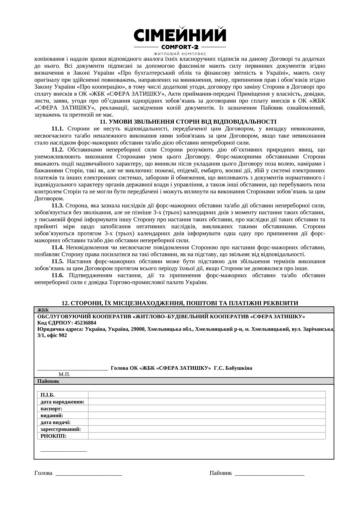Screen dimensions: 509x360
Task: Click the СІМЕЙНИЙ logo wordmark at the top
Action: (180, 35)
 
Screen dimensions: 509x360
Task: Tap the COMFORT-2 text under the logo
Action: (180, 47)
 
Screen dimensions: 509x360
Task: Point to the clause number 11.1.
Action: (57, 129)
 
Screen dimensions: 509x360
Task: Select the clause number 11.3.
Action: (57, 205)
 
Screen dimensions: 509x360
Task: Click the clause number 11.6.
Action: (57, 275)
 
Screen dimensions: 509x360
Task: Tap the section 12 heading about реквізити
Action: (180, 303)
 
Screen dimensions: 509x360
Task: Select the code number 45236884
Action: (85, 323)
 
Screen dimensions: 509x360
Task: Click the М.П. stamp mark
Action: (64, 374)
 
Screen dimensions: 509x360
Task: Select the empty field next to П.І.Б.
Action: (207, 395)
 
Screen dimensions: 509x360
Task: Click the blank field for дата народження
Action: (207, 402)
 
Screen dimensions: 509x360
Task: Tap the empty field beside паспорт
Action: (207, 409)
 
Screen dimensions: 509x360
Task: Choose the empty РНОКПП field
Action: (207, 436)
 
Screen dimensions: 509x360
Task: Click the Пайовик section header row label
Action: (48, 381)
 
